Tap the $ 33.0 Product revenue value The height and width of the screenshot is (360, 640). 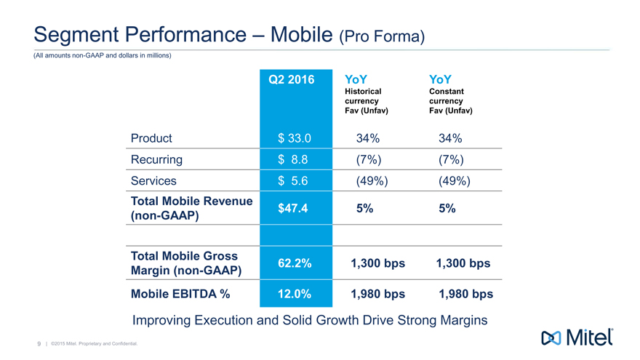pos(295,138)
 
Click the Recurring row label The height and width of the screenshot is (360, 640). pos(156,159)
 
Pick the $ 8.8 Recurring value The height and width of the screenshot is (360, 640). pos(295,159)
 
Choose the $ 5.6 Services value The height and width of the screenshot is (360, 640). pos(295,180)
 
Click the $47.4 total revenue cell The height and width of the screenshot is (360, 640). pos(294,208)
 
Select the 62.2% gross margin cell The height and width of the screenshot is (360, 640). pos(294,263)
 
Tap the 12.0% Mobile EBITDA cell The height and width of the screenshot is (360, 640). pos(294,295)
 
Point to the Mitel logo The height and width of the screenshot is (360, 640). pos(577,337)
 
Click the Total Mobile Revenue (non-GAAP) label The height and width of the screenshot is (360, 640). pos(191,208)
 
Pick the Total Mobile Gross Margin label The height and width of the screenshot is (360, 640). pos(186,263)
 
